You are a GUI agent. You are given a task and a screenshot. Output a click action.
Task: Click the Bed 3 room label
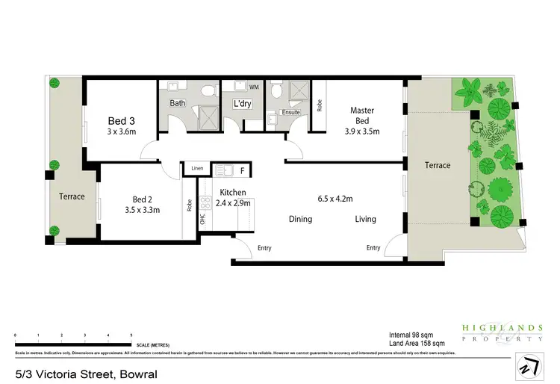[x=121, y=120]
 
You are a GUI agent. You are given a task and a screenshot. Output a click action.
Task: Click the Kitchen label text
[x=233, y=193]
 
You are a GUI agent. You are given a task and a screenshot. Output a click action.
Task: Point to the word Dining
[x=300, y=219]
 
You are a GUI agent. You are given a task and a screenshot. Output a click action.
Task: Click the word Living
[x=365, y=219]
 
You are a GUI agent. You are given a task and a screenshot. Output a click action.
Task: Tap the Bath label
[x=178, y=103]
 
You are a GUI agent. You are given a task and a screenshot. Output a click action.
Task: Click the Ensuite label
[x=290, y=112]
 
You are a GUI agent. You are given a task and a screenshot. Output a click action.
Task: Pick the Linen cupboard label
[x=197, y=168]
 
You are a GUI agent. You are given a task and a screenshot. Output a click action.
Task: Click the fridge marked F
[x=242, y=171]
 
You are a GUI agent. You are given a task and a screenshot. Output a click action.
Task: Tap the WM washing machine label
[x=254, y=87]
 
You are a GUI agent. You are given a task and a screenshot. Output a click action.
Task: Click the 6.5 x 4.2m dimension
[x=335, y=199]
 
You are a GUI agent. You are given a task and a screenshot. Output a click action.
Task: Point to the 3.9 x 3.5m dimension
[x=361, y=131]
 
